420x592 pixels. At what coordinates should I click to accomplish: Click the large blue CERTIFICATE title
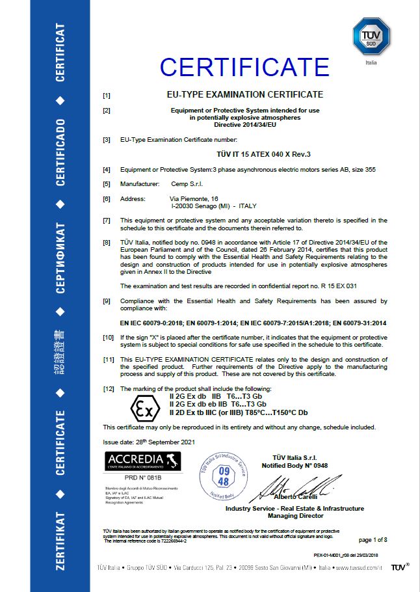click(244, 67)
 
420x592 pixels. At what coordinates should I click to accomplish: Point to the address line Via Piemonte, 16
click(194, 198)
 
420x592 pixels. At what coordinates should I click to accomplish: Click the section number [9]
click(107, 301)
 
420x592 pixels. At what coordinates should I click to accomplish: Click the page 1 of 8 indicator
click(373, 539)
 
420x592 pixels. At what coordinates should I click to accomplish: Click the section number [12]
click(109, 388)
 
